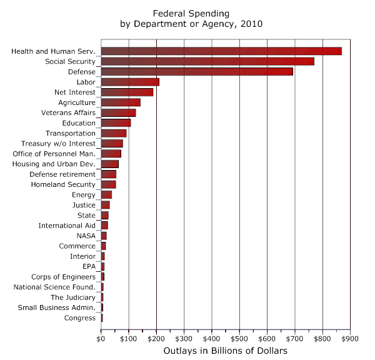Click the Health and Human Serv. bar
(x=221, y=51)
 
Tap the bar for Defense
(x=196, y=71)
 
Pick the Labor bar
(x=129, y=82)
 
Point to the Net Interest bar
(x=126, y=92)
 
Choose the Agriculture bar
(x=120, y=102)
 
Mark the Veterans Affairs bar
(x=117, y=112)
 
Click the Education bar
(x=115, y=122)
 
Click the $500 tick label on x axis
(x=239, y=338)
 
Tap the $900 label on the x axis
(x=350, y=338)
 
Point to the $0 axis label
(x=101, y=338)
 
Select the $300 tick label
(x=184, y=338)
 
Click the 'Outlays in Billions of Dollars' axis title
(x=225, y=351)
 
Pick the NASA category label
(x=86, y=236)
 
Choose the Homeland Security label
(x=63, y=184)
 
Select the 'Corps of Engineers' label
(x=63, y=277)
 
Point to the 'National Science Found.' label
(x=54, y=287)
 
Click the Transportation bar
(x=113, y=133)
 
